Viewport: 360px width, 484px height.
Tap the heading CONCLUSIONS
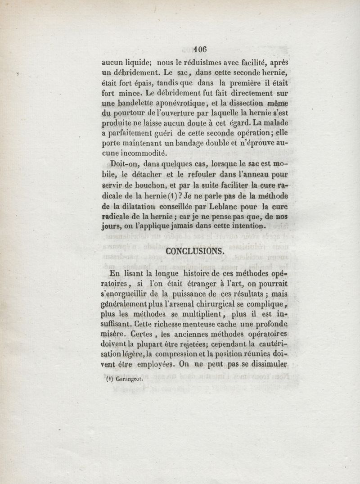point(194,251)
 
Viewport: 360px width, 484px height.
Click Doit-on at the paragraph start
point(123,164)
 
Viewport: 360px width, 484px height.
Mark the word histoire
point(203,273)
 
